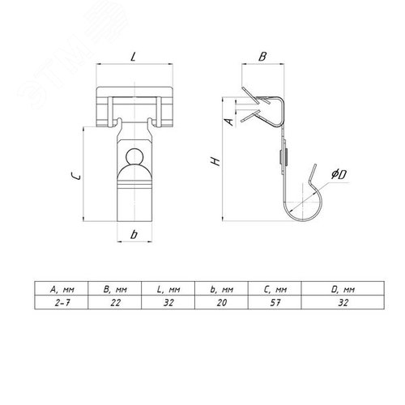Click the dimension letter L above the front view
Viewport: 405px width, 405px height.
[x=133, y=57]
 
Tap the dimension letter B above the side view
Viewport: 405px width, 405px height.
[x=262, y=57]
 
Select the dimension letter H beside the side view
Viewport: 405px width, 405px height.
[x=216, y=162]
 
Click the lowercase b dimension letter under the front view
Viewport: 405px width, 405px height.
[x=134, y=234]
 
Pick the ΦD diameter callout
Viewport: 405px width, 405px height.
[x=339, y=174]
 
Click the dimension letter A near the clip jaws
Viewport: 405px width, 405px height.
[x=229, y=122]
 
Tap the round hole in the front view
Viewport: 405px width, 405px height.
[x=134, y=156]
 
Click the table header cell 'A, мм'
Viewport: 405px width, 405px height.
[x=62, y=290]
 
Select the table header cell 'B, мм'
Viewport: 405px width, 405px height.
[x=115, y=290]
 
